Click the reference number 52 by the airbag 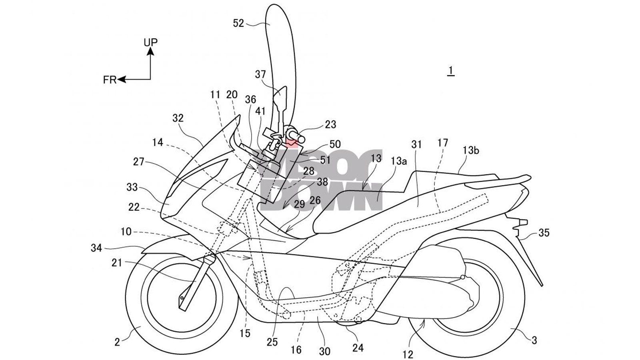tap(238, 24)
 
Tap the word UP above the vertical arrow tap(150, 42)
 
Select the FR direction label tap(109, 80)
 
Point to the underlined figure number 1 tap(451, 71)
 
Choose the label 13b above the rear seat tap(471, 150)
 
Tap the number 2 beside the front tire tap(117, 342)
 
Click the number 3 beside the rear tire tap(534, 340)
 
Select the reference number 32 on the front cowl tap(178, 118)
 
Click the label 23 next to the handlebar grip tap(330, 124)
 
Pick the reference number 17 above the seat tap(443, 143)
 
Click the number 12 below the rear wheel tap(408, 354)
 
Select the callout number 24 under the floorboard tap(358, 348)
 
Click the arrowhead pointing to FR tap(121, 80)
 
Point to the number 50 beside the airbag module tap(335, 144)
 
